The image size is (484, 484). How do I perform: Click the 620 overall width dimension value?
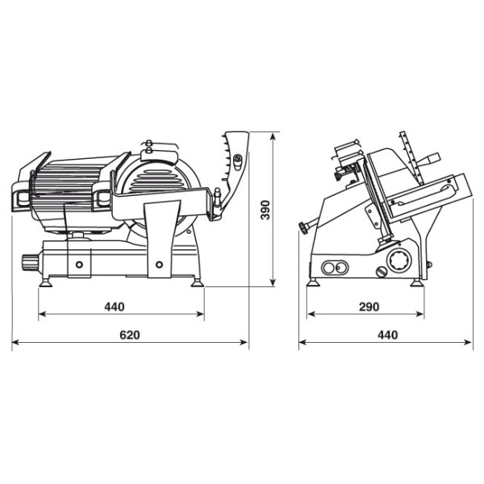coord(130,335)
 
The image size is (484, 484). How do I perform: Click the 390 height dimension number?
coord(265,210)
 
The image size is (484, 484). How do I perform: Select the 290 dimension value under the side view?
coord(369,307)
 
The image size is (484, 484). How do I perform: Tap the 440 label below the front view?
coord(115,307)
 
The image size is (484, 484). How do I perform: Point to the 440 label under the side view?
coord(388,335)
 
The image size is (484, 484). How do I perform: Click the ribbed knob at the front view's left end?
coord(29,262)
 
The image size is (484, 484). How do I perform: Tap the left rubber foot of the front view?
coord(46,283)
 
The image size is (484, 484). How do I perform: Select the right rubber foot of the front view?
coord(197,283)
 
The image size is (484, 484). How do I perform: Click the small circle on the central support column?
coord(159,265)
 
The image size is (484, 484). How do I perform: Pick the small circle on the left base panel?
coord(79,265)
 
